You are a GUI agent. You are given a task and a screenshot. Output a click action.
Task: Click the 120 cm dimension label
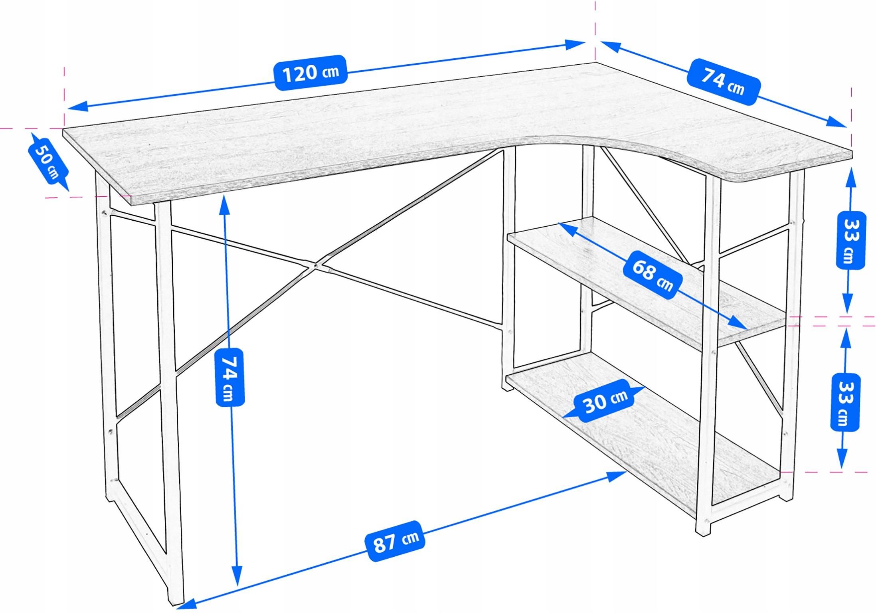pyautogui.click(x=310, y=73)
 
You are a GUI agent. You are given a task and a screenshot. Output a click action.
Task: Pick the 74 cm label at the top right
pyautogui.click(x=723, y=82)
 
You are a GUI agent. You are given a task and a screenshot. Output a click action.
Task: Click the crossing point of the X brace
pyautogui.click(x=316, y=265)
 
